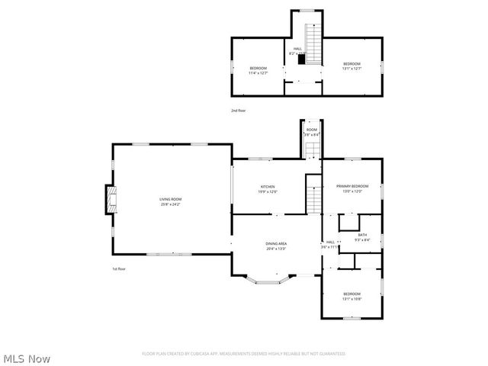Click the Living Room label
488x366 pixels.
[171, 199]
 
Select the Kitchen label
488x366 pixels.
[268, 187]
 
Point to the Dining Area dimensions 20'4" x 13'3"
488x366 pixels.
[276, 249]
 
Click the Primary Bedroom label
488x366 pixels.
[352, 186]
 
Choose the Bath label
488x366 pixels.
[362, 235]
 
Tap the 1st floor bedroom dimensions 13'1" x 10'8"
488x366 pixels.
[352, 299]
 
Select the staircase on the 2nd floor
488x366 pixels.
[312, 37]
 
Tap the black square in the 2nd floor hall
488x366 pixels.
[302, 59]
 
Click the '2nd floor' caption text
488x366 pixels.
[239, 111]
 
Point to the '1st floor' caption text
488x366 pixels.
[118, 268]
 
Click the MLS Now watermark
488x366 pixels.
[27, 358]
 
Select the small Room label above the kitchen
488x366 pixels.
[311, 130]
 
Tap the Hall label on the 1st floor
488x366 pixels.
[330, 242]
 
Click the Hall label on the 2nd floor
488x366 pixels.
[297, 49]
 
